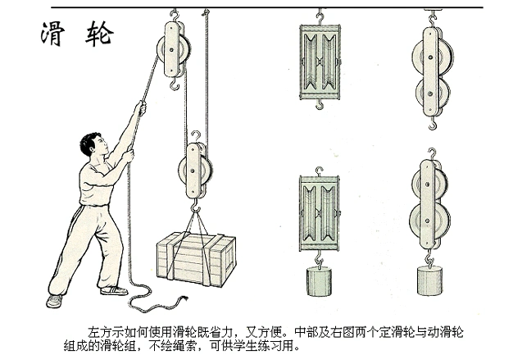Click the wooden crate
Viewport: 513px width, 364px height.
[x=196, y=258]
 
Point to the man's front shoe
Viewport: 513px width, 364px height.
[x=113, y=290]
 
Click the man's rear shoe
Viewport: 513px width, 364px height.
[x=55, y=301]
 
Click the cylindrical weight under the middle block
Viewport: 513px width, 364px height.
[x=320, y=282]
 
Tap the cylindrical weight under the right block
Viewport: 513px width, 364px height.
[x=431, y=282]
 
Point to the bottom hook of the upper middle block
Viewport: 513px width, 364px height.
[x=319, y=103]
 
